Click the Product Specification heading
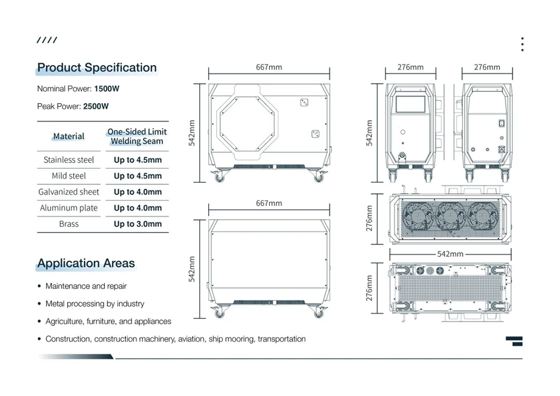coord(97,67)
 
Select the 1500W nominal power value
coord(107,88)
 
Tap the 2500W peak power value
coord(96,106)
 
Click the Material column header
coord(68,137)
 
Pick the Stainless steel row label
coord(68,160)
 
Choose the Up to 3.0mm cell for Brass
coord(138,224)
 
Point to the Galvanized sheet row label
coord(68,192)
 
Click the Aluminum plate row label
coord(68,208)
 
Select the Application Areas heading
coord(86,263)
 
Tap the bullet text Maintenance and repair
coord(86,286)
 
